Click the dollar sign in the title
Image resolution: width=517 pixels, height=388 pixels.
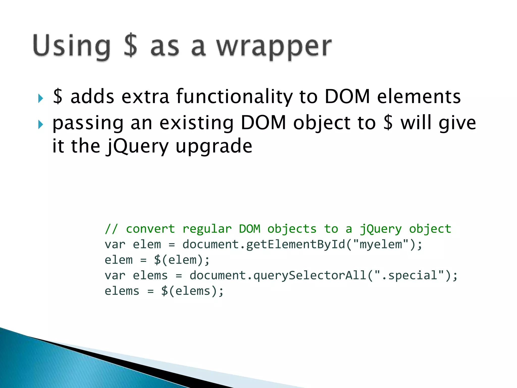[x=131, y=45]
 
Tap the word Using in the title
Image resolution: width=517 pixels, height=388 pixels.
[x=72, y=47]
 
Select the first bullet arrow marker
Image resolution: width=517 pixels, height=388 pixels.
[x=41, y=98]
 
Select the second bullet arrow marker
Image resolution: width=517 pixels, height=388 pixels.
[x=41, y=124]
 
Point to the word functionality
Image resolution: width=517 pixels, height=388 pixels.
[x=234, y=97]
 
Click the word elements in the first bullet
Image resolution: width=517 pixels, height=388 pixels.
[x=419, y=97]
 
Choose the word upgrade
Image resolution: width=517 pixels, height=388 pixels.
[x=214, y=147]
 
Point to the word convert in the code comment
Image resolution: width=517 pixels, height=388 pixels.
[x=150, y=229]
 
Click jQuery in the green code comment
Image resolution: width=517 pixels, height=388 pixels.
[x=380, y=229]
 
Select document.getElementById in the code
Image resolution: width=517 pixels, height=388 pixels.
[x=264, y=245]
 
